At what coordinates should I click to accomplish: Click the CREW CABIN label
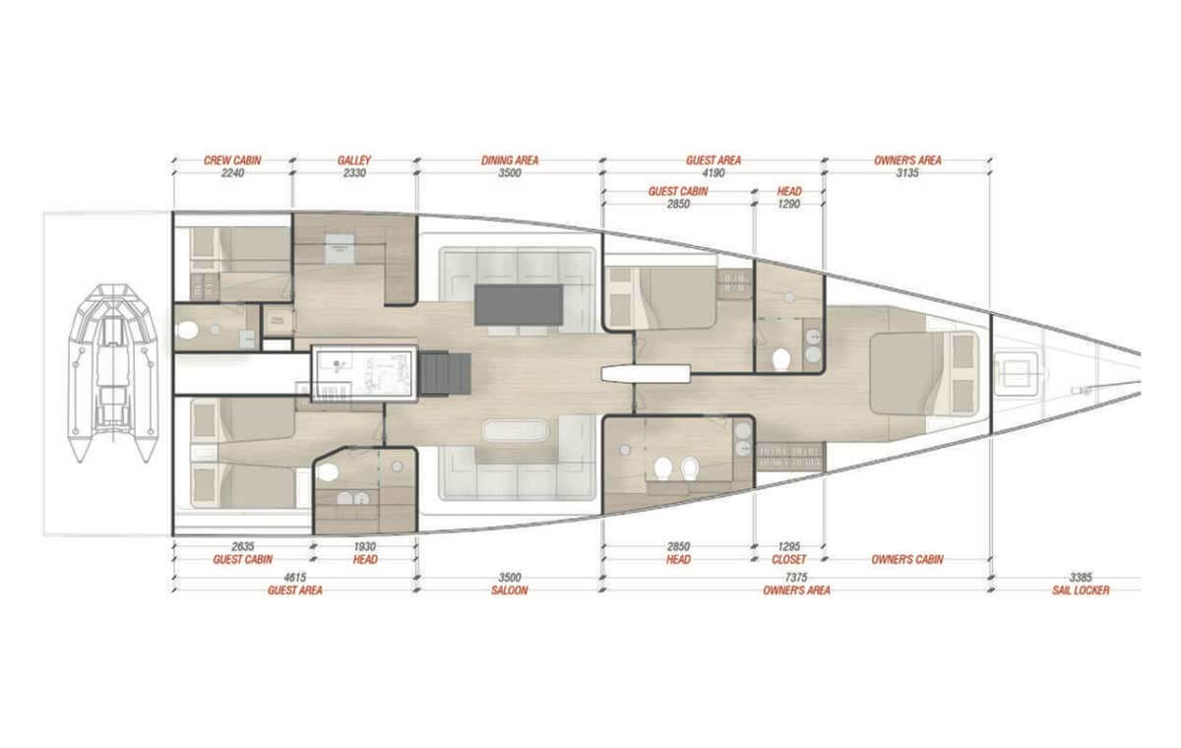(x=232, y=160)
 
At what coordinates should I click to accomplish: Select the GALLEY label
(x=354, y=160)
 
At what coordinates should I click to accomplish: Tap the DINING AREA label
(x=510, y=160)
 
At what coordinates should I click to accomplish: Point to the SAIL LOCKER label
(x=1081, y=591)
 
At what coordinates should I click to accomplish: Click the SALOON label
(x=510, y=591)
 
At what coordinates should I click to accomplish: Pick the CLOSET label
(x=788, y=559)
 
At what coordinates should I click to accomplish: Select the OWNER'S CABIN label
(x=907, y=559)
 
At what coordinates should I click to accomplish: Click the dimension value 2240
(x=232, y=173)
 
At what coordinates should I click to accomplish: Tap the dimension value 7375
(x=796, y=578)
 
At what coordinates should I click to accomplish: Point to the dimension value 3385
(x=1081, y=578)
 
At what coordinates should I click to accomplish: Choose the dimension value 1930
(x=365, y=546)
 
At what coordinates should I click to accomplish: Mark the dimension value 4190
(x=714, y=173)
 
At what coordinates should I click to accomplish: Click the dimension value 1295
(x=788, y=546)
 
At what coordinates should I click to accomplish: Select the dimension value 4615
(x=294, y=578)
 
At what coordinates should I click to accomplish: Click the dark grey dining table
(x=519, y=305)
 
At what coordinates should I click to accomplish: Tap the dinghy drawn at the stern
(x=112, y=373)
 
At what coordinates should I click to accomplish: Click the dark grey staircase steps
(x=445, y=374)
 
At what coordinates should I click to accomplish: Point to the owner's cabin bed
(x=924, y=374)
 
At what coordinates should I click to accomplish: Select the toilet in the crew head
(x=187, y=331)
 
